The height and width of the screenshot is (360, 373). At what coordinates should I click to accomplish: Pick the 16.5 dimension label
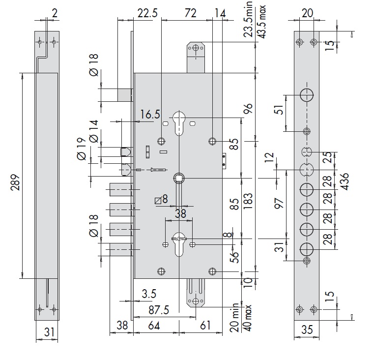pyautogui.click(x=149, y=115)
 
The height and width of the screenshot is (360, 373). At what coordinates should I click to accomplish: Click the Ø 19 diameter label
pyautogui.click(x=82, y=148)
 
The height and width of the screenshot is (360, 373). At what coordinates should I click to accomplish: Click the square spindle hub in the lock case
pyautogui.click(x=179, y=178)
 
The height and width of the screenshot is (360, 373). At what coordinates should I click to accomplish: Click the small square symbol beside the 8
pyautogui.click(x=157, y=200)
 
